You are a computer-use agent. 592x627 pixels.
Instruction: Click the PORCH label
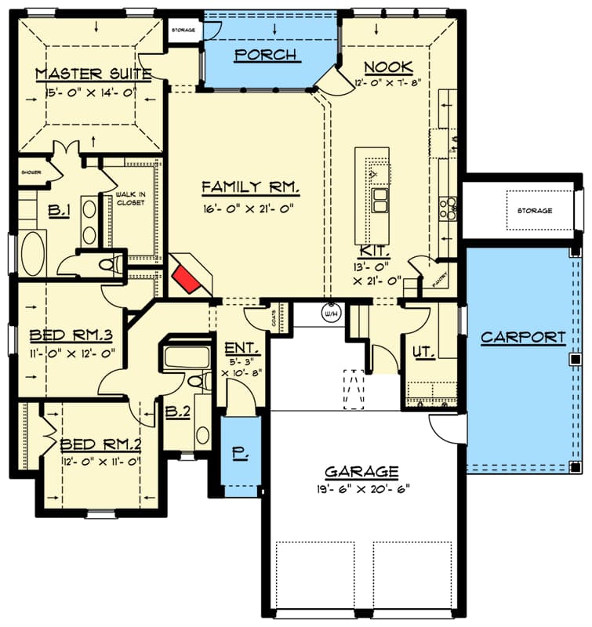(x=266, y=55)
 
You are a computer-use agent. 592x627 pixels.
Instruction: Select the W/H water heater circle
(x=329, y=312)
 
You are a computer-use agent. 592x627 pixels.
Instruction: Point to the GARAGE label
(x=361, y=472)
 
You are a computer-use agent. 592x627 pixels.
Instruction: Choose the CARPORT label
(x=523, y=338)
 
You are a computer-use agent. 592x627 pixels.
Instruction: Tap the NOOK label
(x=390, y=67)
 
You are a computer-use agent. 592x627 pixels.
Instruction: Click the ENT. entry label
(x=238, y=348)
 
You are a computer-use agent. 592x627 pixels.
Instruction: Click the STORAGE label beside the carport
(x=534, y=211)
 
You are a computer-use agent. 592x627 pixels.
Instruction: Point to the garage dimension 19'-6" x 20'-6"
(x=361, y=489)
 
